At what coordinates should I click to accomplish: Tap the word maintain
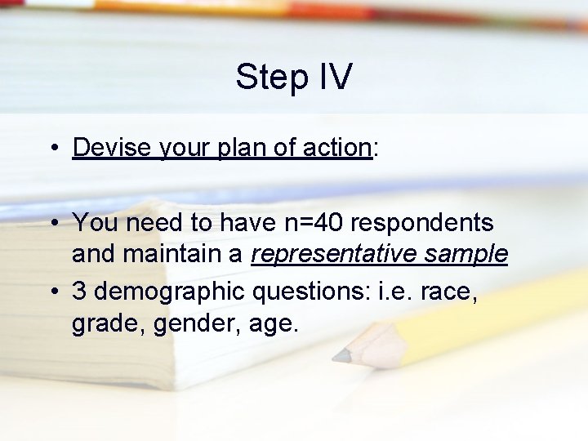pyautogui.click(x=180, y=255)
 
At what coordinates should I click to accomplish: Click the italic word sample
pyautogui.click(x=468, y=256)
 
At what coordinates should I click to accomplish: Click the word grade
pyautogui.click(x=100, y=324)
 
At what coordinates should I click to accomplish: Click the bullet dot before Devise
pyautogui.click(x=51, y=149)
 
